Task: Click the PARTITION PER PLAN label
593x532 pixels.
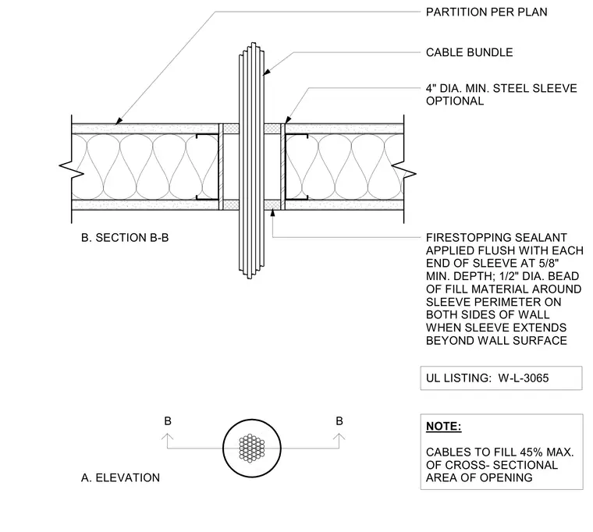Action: [x=486, y=12]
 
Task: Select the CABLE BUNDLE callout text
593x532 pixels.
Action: [x=470, y=52]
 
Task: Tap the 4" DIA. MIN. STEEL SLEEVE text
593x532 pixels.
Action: [x=502, y=88]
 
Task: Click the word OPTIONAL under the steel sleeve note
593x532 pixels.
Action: [x=455, y=101]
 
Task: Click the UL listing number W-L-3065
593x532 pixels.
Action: [x=524, y=378]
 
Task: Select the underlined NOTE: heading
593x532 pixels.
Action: [x=444, y=426]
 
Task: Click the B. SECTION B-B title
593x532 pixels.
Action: [x=125, y=238]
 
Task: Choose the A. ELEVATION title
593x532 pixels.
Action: [x=120, y=478]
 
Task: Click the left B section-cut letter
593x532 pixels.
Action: [x=168, y=421]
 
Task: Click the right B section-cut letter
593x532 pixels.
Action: [x=339, y=420]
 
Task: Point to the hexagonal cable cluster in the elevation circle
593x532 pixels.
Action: [x=252, y=448]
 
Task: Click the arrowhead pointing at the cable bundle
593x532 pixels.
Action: [x=267, y=72]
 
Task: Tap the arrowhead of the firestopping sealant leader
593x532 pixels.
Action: [x=272, y=213]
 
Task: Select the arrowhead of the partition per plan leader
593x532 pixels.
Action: [x=119, y=121]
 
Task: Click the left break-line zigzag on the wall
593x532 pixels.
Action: [x=72, y=168]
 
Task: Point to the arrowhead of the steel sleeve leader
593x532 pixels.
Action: [x=288, y=119]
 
